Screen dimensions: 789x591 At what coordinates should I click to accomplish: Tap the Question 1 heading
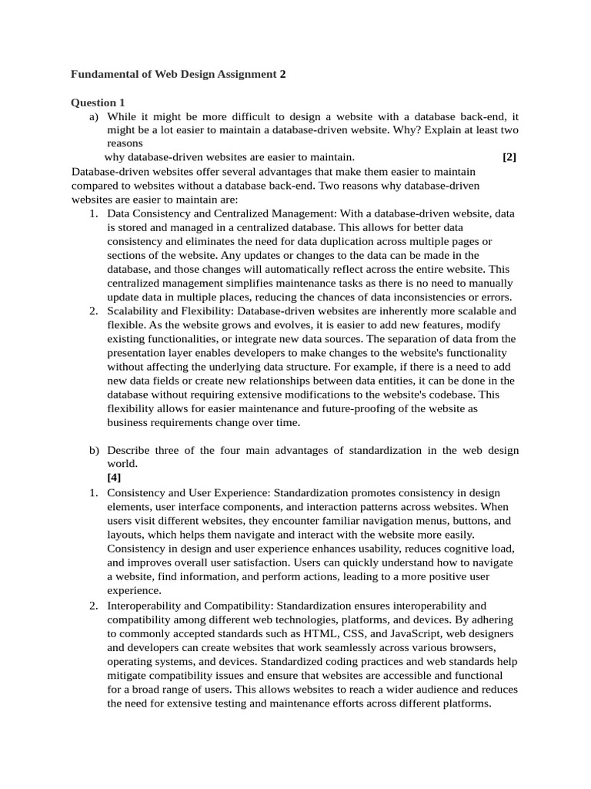pyautogui.click(x=98, y=102)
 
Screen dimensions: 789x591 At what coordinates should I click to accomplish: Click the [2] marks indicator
pyautogui.click(x=509, y=157)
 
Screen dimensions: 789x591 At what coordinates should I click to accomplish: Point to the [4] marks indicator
pyautogui.click(x=114, y=477)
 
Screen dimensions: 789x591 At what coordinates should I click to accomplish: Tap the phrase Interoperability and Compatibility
pyautogui.click(x=190, y=606)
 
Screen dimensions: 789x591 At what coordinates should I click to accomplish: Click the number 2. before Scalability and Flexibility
pyautogui.click(x=93, y=311)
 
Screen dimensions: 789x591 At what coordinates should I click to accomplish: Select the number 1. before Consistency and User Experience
pyautogui.click(x=93, y=493)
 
